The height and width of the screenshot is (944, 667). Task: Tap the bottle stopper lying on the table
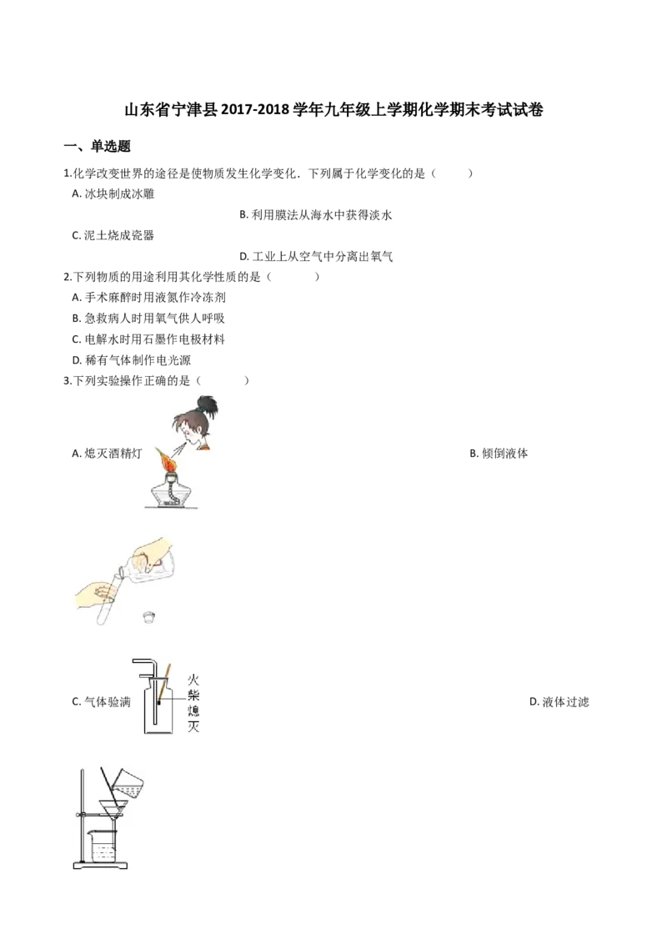coord(150,617)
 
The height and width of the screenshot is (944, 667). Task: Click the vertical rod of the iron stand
coord(83,817)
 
